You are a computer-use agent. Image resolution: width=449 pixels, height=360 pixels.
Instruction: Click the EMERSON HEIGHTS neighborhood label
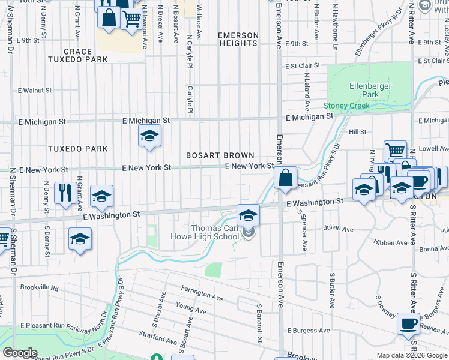click(x=238, y=40)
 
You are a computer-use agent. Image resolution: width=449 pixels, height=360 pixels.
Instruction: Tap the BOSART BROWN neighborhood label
click(x=220, y=155)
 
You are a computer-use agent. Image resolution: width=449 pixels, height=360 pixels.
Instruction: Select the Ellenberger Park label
click(x=370, y=90)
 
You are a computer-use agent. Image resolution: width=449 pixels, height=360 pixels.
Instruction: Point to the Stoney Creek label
click(x=348, y=106)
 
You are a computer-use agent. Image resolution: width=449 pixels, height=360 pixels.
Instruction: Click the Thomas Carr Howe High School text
click(x=215, y=232)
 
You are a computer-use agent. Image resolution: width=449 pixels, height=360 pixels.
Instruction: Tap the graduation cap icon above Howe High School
click(x=248, y=215)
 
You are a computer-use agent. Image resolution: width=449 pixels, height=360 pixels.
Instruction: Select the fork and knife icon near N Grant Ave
click(x=66, y=193)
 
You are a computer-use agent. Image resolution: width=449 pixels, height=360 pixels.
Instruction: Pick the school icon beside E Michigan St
click(x=149, y=136)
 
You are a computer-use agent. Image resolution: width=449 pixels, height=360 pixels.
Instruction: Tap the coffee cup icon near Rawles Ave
click(x=408, y=323)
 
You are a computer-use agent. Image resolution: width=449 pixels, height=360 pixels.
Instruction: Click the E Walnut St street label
click(x=35, y=91)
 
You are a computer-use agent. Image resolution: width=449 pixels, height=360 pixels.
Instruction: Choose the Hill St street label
click(x=358, y=131)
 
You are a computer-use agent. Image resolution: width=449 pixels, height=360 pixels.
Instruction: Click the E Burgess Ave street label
click(x=309, y=330)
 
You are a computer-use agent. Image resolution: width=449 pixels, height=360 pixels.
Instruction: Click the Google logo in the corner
click(x=20, y=353)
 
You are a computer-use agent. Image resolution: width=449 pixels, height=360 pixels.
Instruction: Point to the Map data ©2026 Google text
click(x=412, y=355)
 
